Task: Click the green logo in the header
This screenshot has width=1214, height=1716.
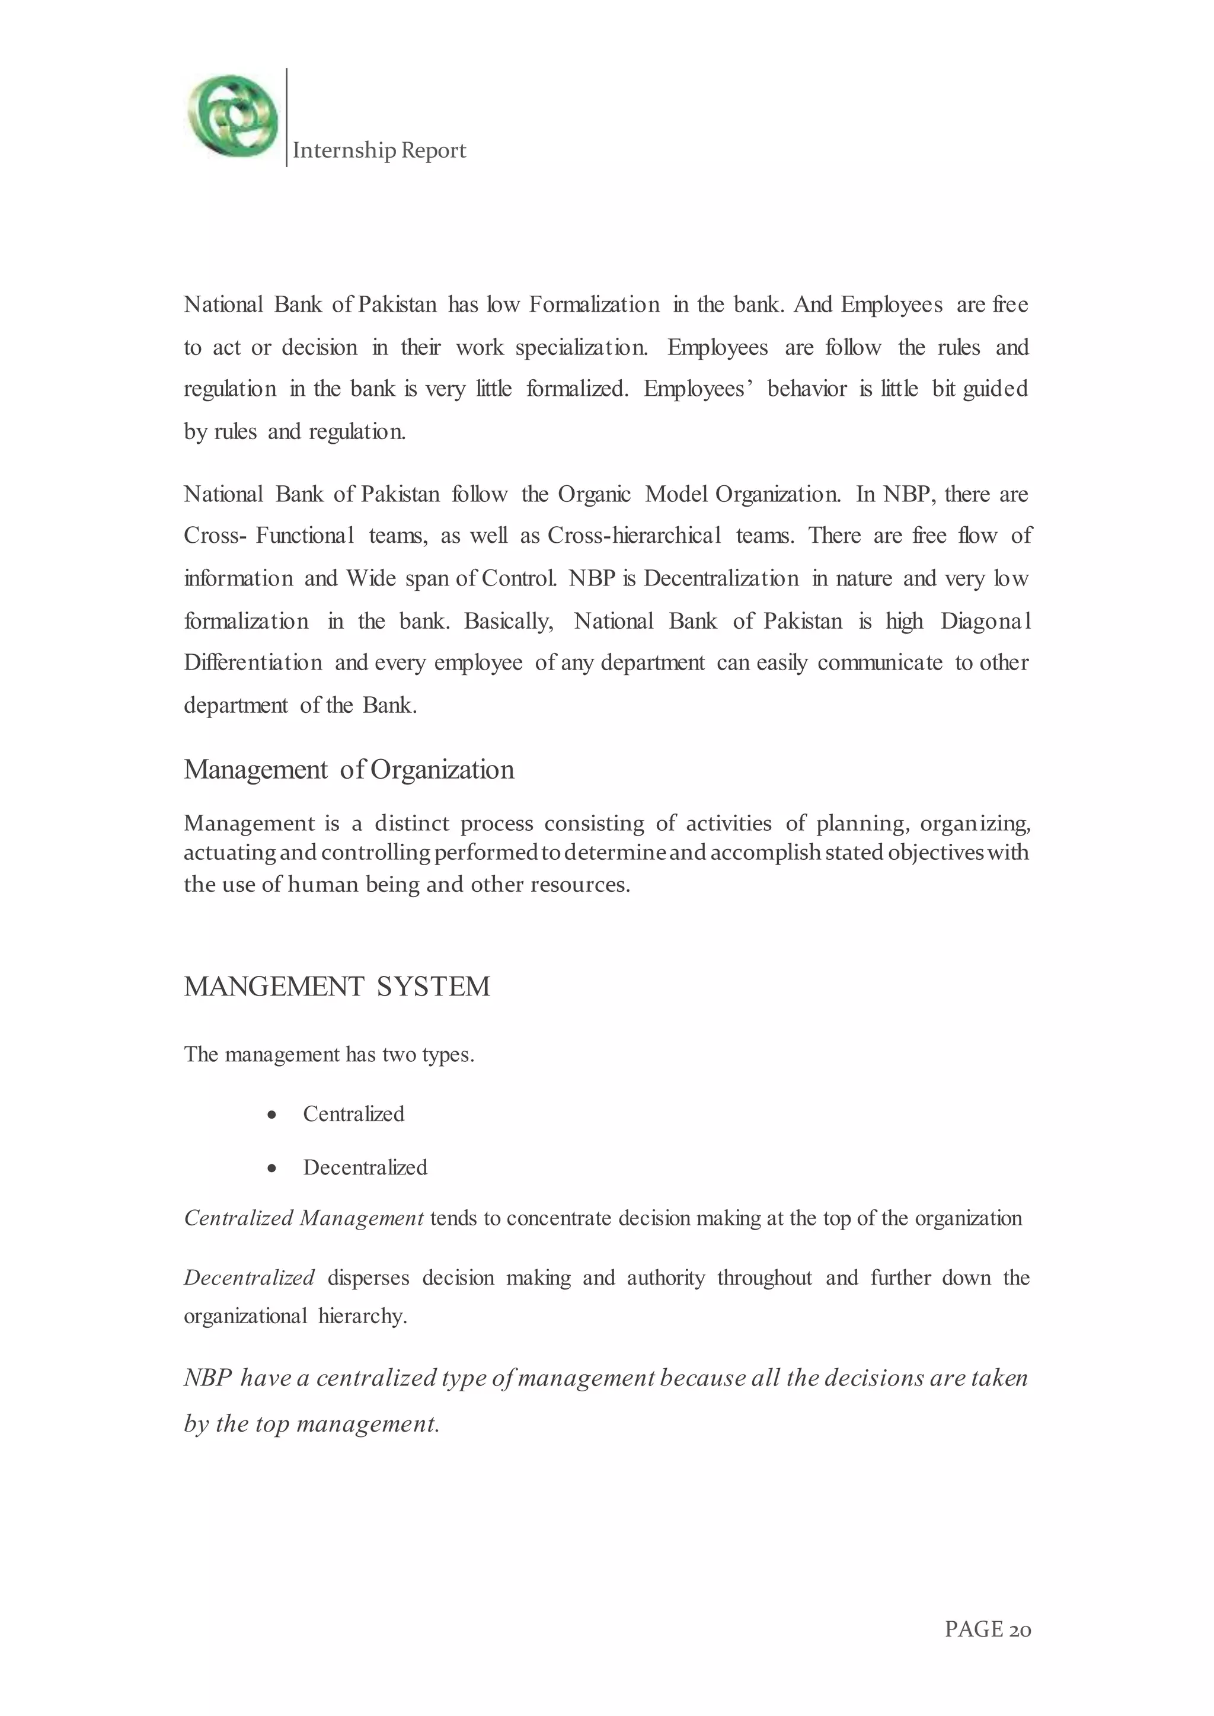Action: tap(232, 117)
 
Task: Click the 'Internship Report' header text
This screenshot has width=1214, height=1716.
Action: tap(379, 151)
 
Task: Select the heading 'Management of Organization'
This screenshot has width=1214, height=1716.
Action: tap(349, 770)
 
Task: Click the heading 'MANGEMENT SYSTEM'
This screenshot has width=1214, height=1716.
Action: tap(337, 987)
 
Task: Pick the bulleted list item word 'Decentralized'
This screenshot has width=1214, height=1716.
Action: tap(365, 1167)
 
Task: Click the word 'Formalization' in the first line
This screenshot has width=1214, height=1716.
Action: tap(595, 305)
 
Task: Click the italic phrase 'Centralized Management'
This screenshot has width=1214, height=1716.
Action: tap(303, 1219)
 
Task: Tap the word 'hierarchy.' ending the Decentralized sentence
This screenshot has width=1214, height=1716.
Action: tap(363, 1316)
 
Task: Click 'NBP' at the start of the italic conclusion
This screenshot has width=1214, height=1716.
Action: tap(208, 1378)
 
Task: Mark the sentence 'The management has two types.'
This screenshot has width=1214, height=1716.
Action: tap(329, 1055)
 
